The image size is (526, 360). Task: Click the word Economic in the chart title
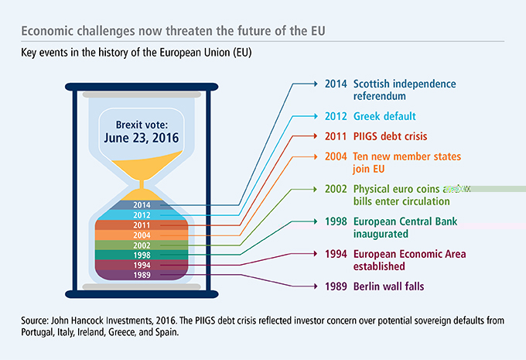48,31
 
